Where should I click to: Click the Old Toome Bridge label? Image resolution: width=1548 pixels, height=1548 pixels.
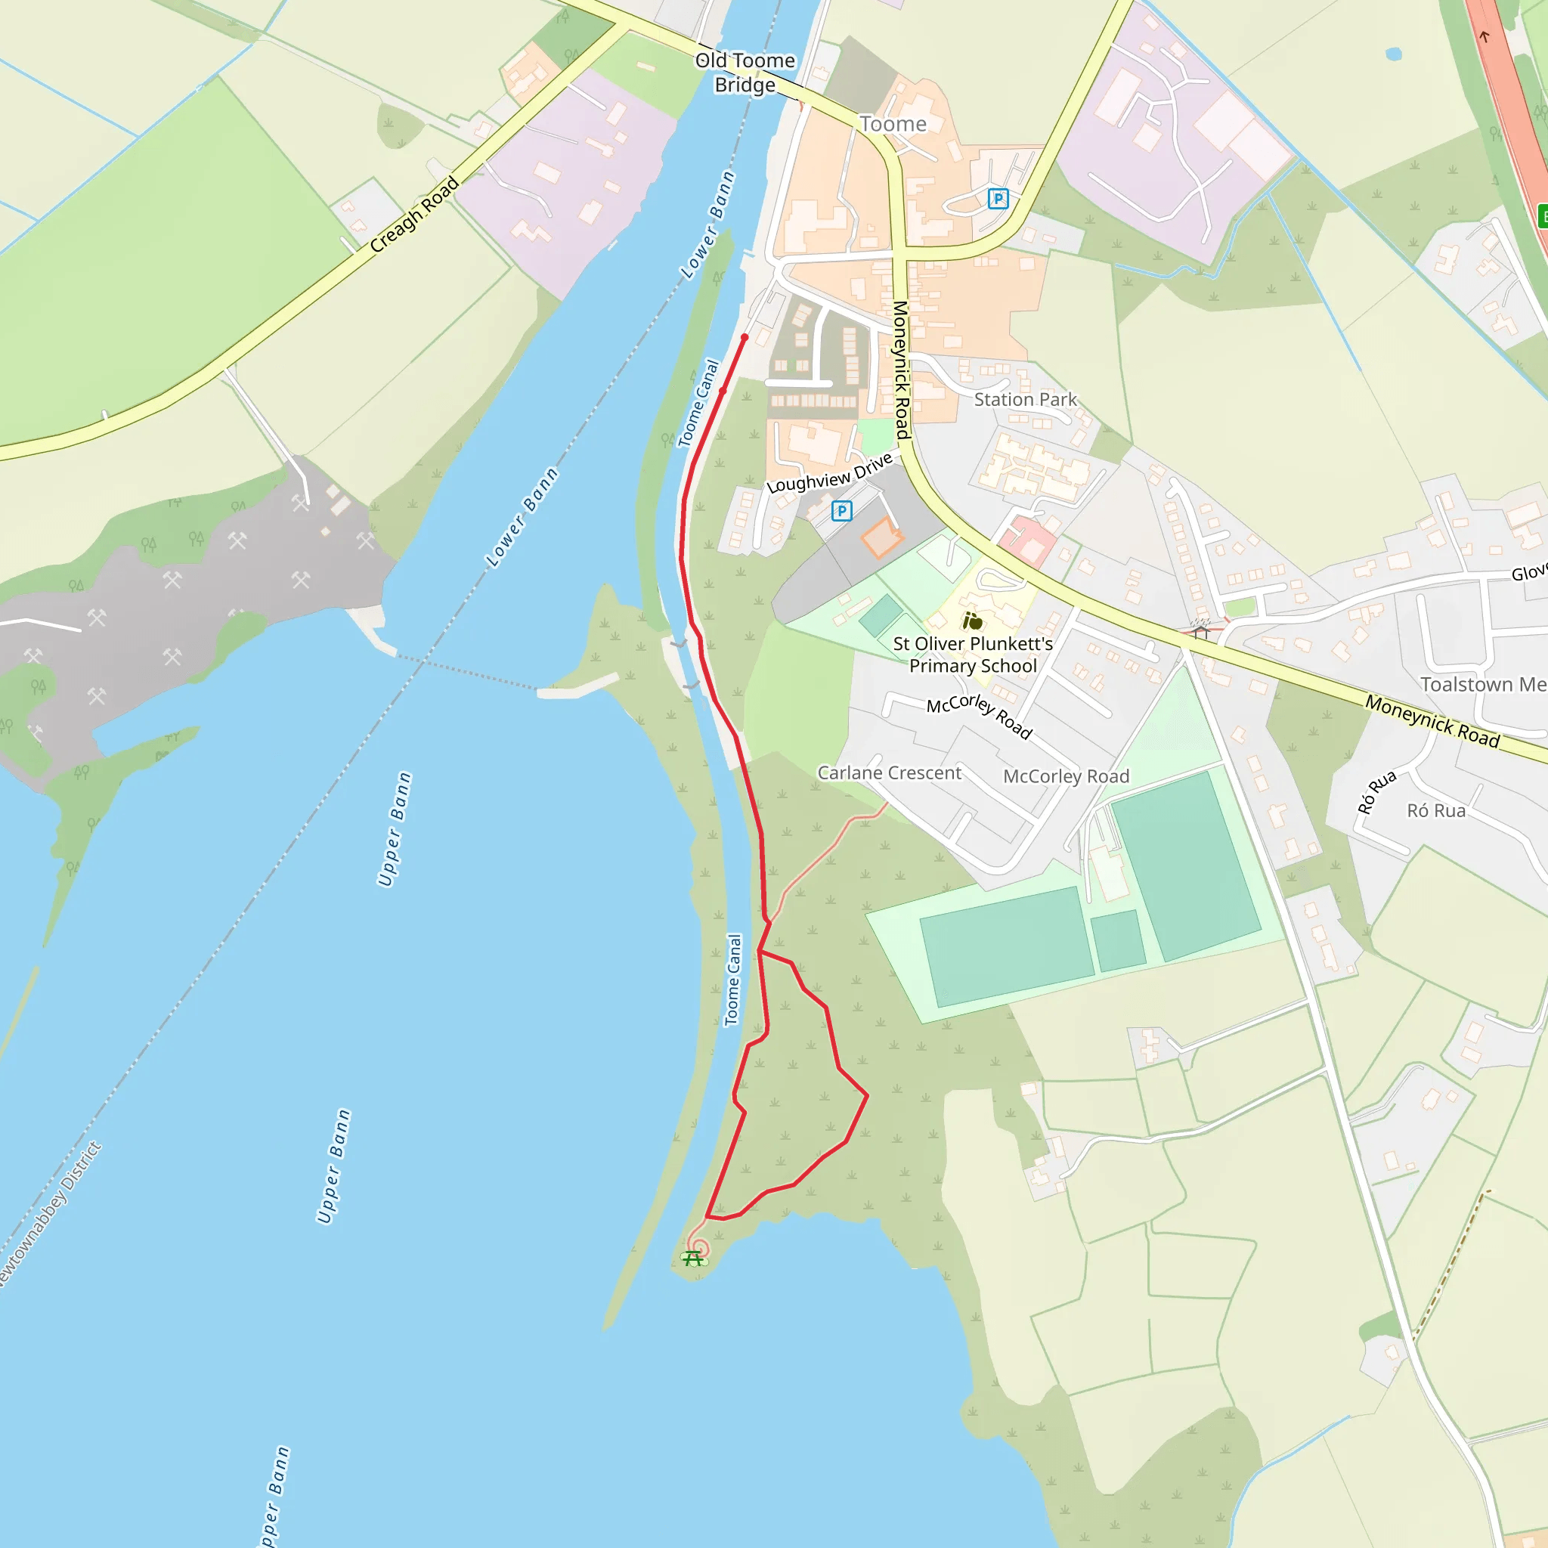tap(745, 72)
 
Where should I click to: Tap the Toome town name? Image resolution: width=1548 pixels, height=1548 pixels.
tap(893, 124)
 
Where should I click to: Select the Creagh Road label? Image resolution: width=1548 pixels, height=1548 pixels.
tap(414, 214)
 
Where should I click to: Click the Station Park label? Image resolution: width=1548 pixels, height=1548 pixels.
tap(1025, 399)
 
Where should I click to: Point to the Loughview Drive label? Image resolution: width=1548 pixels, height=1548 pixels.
tap(829, 473)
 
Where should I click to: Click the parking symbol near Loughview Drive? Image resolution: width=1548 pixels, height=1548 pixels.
tap(841, 510)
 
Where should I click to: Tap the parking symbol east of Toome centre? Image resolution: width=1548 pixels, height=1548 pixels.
tap(998, 198)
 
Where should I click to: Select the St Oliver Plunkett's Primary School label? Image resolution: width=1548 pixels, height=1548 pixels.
tap(973, 655)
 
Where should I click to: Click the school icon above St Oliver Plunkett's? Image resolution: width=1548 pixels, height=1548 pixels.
tap(972, 621)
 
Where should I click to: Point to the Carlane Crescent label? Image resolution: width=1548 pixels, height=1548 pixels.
tap(889, 772)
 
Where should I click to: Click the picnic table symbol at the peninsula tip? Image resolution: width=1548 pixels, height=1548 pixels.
tap(693, 1259)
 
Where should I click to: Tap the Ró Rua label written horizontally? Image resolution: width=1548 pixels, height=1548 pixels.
tap(1436, 811)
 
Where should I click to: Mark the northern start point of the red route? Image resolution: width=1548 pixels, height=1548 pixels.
tap(745, 337)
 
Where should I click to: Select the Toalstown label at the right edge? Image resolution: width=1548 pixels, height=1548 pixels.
tap(1482, 684)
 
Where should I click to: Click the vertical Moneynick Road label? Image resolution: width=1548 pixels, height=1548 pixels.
tap(902, 370)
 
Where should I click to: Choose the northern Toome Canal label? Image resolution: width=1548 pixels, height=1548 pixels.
tap(698, 403)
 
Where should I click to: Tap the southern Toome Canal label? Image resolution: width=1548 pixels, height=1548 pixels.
tap(732, 979)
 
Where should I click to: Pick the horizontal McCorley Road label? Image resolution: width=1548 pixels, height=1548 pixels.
tap(1066, 776)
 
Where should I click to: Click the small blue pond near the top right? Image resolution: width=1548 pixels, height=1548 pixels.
tap(1393, 54)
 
